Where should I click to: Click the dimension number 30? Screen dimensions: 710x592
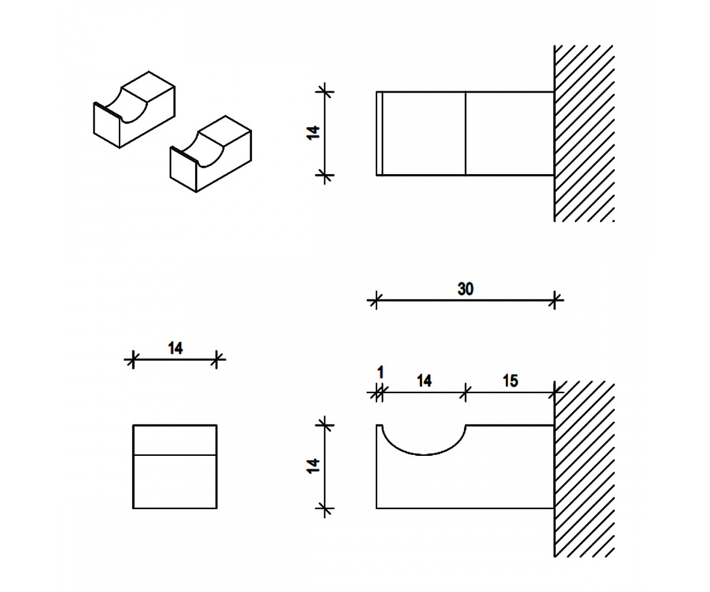point(465,289)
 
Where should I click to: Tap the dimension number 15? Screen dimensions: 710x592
point(511,381)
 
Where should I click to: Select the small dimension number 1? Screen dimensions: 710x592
point(380,372)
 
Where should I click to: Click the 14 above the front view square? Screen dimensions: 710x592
point(175,349)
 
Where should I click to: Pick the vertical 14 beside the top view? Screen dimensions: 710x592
point(313,133)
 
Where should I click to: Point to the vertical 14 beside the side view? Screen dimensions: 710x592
point(313,466)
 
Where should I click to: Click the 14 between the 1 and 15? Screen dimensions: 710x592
point(424,381)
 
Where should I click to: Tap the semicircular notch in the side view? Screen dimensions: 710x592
point(424,454)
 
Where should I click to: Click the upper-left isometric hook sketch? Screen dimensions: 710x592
point(134,110)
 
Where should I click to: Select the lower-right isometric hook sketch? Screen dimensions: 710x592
point(211,154)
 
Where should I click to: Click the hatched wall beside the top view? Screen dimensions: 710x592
point(584,133)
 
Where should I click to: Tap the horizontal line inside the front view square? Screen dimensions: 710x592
point(175,455)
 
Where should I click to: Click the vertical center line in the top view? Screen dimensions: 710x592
point(466,133)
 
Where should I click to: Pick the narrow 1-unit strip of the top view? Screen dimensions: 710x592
point(379,133)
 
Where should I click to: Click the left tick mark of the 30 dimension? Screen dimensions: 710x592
point(376,300)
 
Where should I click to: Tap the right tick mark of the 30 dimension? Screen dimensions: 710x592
point(554,300)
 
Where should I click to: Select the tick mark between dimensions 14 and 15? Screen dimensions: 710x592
point(466,392)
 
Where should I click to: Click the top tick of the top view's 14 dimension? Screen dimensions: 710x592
point(325,92)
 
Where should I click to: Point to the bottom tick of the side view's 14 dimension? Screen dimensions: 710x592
point(325,509)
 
